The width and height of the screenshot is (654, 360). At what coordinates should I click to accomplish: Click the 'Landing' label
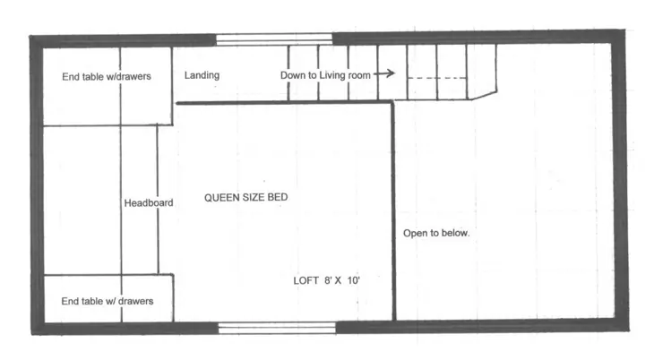(202, 75)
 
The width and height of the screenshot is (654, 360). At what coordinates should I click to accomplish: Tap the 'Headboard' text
(148, 203)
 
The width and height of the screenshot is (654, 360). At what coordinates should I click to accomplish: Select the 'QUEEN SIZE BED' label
(245, 197)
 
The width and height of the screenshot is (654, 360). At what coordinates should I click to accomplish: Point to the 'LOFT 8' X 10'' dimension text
(326, 280)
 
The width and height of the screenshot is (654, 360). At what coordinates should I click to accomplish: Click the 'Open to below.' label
(435, 233)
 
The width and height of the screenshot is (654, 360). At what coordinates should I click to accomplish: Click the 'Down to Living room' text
(325, 75)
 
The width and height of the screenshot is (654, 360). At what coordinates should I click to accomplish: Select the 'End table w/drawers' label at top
(106, 76)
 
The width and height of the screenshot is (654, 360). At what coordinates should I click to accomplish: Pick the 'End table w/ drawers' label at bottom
(107, 301)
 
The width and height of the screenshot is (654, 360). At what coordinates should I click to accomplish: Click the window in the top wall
(274, 39)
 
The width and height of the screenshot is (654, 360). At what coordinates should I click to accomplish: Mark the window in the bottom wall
(277, 328)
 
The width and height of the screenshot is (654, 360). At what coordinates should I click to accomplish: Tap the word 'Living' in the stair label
(335, 75)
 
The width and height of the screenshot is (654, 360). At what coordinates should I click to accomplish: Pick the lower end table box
(108, 298)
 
